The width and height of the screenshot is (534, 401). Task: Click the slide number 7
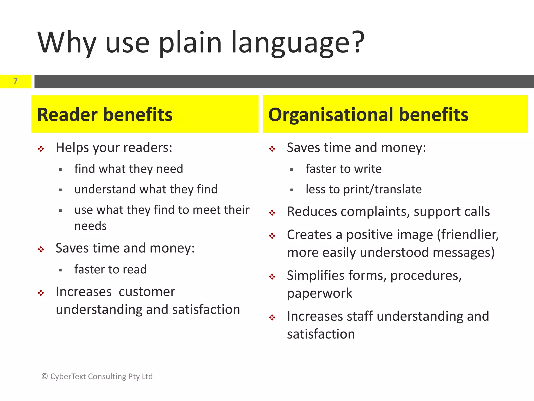pos(16,81)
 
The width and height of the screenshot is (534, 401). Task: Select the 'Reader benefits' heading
pos(105,115)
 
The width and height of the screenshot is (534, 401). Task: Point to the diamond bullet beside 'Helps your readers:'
pos(41,149)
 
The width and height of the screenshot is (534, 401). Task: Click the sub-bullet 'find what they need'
pos(129,169)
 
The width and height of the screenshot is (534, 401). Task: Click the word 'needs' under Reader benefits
pos(90,226)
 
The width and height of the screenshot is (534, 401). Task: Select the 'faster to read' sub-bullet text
pos(111,269)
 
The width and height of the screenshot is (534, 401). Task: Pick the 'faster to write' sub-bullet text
pos(343,169)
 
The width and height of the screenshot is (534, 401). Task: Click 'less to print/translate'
pos(363,189)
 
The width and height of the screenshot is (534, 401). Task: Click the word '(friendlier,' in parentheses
pos(468,235)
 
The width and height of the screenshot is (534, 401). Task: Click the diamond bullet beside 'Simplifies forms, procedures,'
pos(272,277)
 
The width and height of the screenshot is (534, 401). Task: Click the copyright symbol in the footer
pos(45,376)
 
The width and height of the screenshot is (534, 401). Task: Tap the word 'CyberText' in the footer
pos(68,376)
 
